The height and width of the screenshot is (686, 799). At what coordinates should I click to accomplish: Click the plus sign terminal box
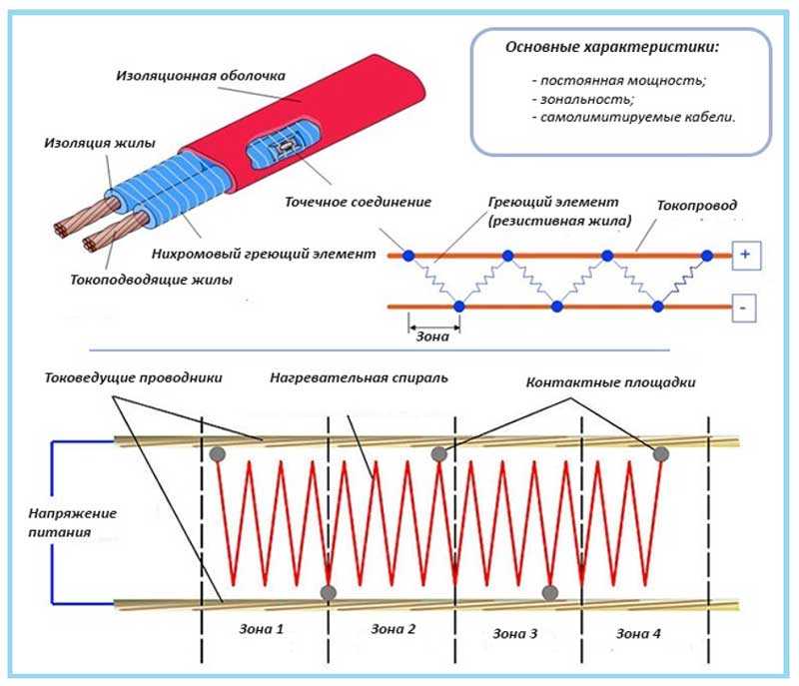pyautogui.click(x=744, y=256)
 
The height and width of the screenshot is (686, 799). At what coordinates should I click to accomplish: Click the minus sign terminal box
pyautogui.click(x=744, y=309)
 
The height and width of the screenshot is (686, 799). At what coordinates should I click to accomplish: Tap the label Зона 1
pyautogui.click(x=260, y=631)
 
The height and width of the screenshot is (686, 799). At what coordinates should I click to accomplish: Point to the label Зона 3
pyautogui.click(x=515, y=633)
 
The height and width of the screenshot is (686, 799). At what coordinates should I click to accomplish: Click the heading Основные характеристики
pyautogui.click(x=612, y=48)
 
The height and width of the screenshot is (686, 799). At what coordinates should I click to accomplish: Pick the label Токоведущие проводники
pyautogui.click(x=133, y=378)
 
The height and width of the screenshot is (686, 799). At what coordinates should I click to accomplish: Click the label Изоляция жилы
pyautogui.click(x=89, y=143)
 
